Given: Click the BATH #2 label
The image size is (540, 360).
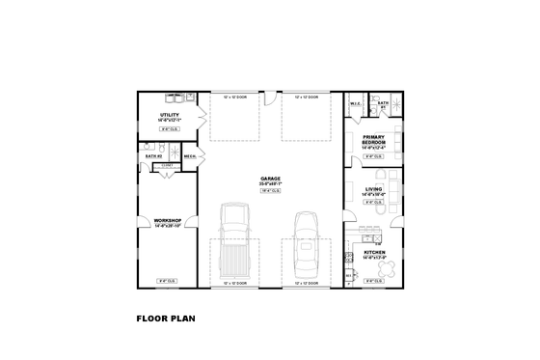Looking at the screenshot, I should pyautogui.click(x=152, y=155).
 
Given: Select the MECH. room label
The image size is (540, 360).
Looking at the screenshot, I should pyautogui.click(x=190, y=155).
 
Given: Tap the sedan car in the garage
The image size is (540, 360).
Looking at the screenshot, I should pyautogui.click(x=306, y=244).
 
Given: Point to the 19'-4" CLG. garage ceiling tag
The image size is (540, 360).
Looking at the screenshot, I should pyautogui.click(x=270, y=191).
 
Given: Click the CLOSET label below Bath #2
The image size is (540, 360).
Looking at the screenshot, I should pyautogui.click(x=167, y=165).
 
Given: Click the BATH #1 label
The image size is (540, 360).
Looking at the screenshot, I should pyautogui.click(x=383, y=102).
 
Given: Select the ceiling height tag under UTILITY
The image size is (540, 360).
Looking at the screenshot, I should pyautogui.click(x=169, y=128).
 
